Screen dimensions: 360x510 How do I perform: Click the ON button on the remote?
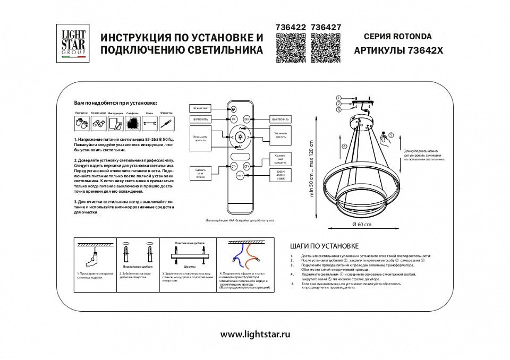[x=234, y=119]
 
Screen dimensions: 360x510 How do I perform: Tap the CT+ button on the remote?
[x=246, y=166]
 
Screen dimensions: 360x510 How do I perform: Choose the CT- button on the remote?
[x=234, y=166]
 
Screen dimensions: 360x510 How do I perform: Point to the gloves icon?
[x=81, y=123]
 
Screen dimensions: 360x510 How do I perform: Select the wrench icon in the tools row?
[x=150, y=124]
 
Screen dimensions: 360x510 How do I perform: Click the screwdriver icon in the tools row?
[x=166, y=124]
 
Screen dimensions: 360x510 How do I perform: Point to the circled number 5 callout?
[x=391, y=135]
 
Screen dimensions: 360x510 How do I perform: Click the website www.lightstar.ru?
[x=255, y=335]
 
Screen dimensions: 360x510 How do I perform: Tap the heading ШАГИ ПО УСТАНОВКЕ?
[x=324, y=246]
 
